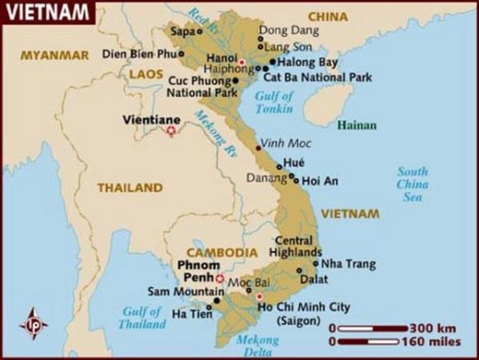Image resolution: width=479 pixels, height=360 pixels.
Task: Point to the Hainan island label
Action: [x=356, y=125]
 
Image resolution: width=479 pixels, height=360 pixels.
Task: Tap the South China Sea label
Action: [x=413, y=184]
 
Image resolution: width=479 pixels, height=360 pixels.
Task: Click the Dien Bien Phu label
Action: [x=139, y=54]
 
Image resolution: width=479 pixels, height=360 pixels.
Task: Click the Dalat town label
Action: [x=313, y=279]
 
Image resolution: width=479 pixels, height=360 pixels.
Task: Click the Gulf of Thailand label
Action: [x=142, y=318]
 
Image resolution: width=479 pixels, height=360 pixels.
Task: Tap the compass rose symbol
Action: [x=34, y=323]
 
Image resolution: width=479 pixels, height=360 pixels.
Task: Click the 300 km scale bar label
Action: [x=433, y=328]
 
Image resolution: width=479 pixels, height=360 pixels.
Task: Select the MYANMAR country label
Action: [x=54, y=55]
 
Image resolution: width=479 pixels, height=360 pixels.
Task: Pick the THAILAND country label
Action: [x=129, y=188]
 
